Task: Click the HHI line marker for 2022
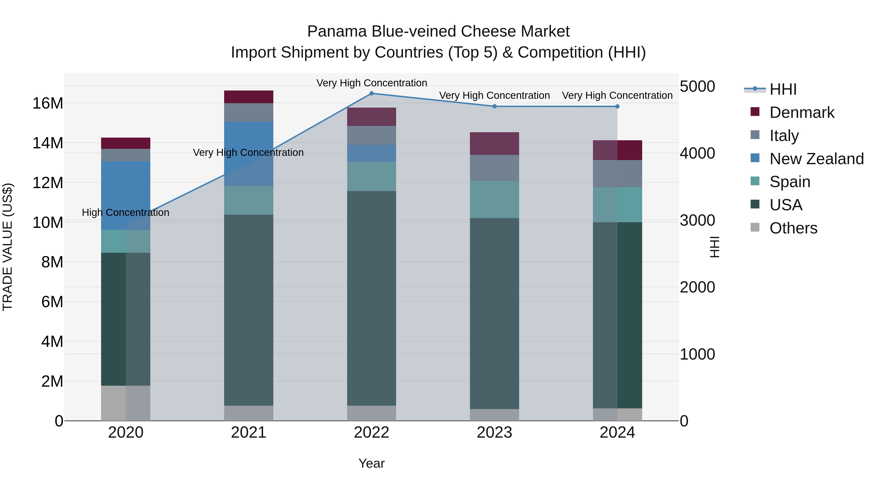pos(372,93)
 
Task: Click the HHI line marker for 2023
pos(494,106)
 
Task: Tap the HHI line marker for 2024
pos(617,106)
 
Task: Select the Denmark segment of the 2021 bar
pos(248,97)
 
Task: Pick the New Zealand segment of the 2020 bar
pos(126,195)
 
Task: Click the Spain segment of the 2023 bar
pos(494,200)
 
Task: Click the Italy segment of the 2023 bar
pos(494,168)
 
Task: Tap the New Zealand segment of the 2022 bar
pos(372,153)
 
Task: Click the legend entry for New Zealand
pos(816,159)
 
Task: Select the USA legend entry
pos(786,205)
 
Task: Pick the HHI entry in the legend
pos(783,89)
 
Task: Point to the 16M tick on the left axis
pos(48,103)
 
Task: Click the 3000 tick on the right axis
pos(697,221)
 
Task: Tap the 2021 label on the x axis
pos(248,433)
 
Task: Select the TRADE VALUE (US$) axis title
pos(8,247)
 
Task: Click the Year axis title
pos(372,463)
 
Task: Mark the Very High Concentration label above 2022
pos(372,83)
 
